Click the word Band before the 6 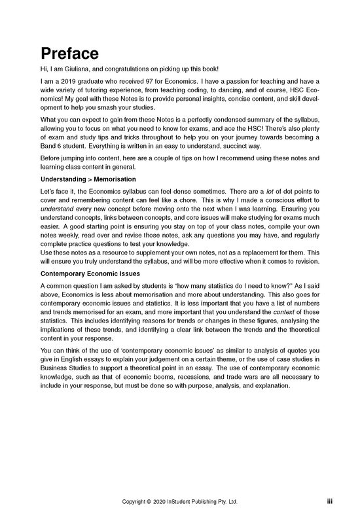coord(50,146)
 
